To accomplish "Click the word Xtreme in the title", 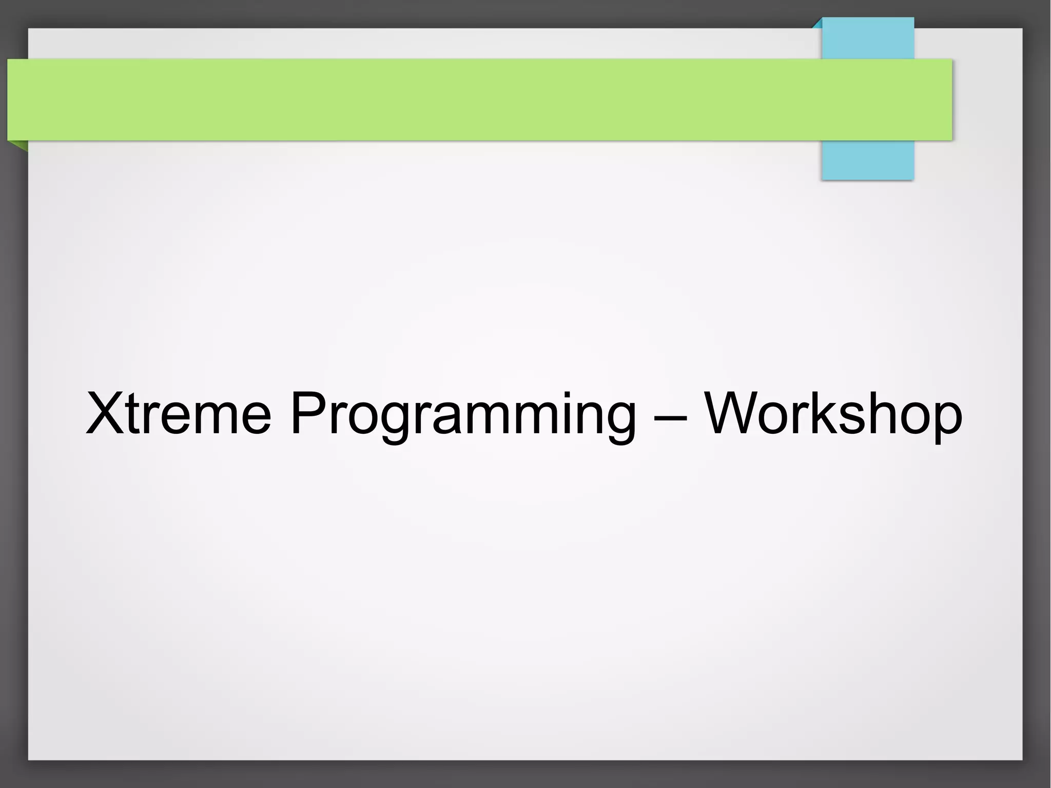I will click(178, 414).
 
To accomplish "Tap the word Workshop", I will click(832, 414).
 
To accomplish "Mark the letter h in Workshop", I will click(885, 414).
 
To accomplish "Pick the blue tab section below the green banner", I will click(868, 160).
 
